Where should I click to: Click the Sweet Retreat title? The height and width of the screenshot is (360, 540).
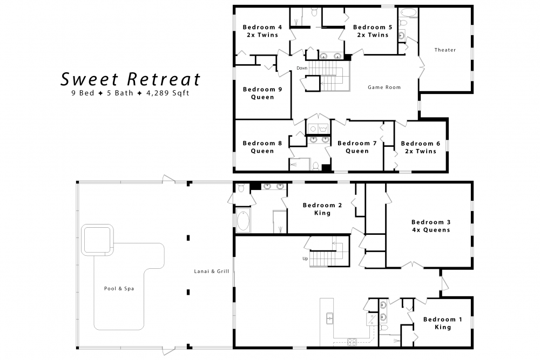[x=130, y=79]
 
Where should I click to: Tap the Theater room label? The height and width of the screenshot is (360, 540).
[x=445, y=50]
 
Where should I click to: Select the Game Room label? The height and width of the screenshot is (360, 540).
[x=384, y=87]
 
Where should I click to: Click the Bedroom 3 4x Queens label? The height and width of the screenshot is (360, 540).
[x=430, y=226]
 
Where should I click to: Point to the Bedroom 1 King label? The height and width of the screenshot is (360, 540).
[x=442, y=323]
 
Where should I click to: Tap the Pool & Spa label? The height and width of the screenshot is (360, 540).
[x=119, y=288]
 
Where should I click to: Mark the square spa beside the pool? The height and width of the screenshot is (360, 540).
[x=97, y=239]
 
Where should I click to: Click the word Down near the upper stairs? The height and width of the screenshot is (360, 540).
[x=302, y=68]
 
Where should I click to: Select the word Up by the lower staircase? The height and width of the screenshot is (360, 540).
[x=306, y=259]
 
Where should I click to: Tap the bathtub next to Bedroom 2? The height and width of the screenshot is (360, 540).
[x=243, y=221]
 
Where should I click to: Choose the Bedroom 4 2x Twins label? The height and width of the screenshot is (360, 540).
[x=262, y=31]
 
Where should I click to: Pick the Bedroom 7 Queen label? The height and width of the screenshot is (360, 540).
[x=357, y=147]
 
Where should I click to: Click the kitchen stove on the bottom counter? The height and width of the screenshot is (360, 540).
[x=352, y=341]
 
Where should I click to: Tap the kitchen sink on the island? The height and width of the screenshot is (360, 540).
[x=329, y=318]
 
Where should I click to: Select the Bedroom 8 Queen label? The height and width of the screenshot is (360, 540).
[x=262, y=147]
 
